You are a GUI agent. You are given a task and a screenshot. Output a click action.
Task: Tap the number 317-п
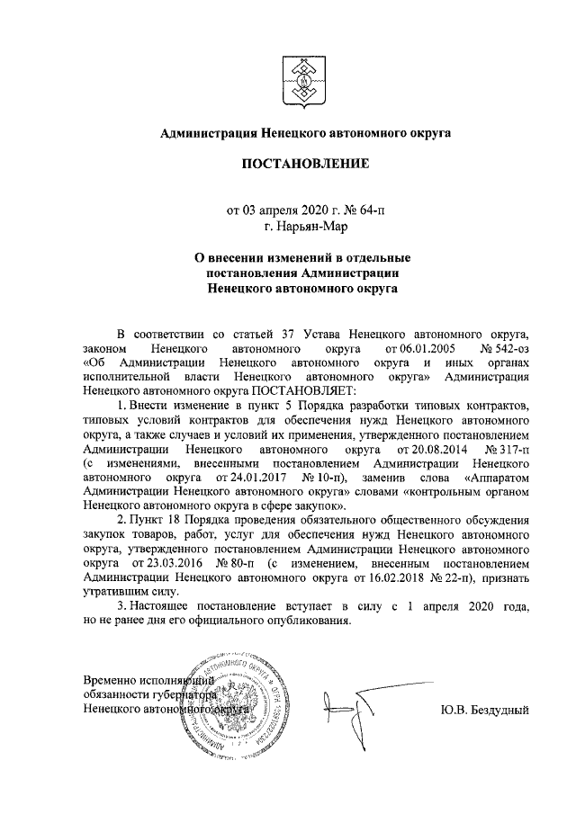click(508, 447)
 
